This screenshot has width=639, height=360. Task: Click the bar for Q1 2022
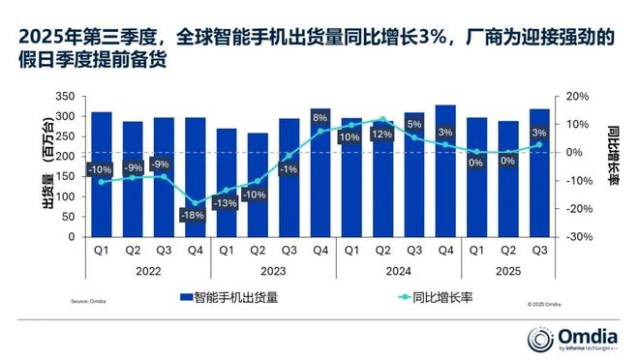(x=102, y=174)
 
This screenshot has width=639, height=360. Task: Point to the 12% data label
(x=382, y=135)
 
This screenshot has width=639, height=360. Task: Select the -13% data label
(x=227, y=203)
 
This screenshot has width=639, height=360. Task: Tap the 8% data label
(x=320, y=118)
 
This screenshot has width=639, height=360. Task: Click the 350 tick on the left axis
(x=65, y=97)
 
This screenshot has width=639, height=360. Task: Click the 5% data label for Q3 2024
(x=413, y=125)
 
